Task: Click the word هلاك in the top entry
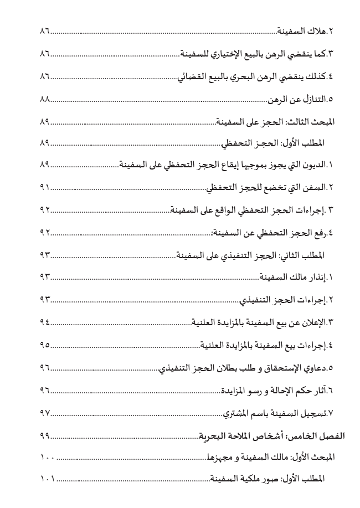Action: click(316, 32)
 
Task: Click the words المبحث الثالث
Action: click(313, 122)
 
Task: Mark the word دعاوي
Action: click(316, 367)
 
